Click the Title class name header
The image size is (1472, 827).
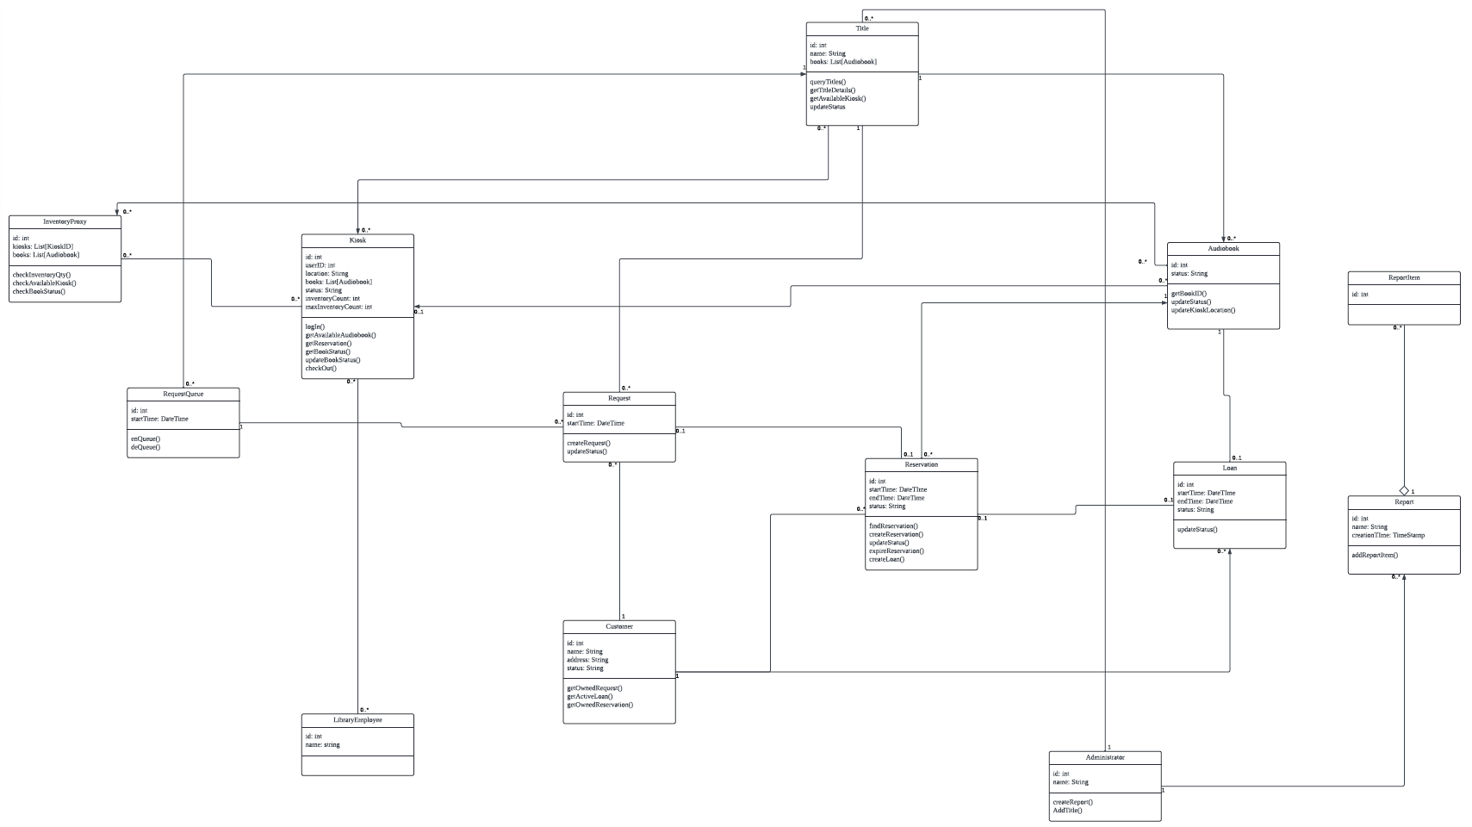tap(862, 28)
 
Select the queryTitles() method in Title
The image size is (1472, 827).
tap(828, 82)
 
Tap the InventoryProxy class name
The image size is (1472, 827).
tap(65, 221)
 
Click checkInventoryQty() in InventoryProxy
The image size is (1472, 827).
tap(41, 275)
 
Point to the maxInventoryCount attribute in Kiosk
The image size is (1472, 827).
tap(338, 307)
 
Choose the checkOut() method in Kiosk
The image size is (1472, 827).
tap(320, 369)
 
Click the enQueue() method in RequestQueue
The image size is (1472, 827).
tap(145, 439)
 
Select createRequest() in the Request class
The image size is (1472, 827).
tap(588, 443)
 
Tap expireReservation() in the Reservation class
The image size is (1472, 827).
tap(896, 551)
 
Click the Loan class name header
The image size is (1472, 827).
tap(1229, 468)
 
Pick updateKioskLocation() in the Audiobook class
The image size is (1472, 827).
tap(1202, 310)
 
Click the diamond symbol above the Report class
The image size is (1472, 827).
tap(1404, 490)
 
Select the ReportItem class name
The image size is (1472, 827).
tap(1404, 277)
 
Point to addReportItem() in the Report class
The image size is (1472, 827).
tap(1375, 555)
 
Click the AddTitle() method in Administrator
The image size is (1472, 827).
tap(1067, 811)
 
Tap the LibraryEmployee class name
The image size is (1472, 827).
tap(357, 719)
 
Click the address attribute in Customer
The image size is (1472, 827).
tap(587, 660)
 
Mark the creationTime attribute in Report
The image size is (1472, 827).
tap(1388, 535)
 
